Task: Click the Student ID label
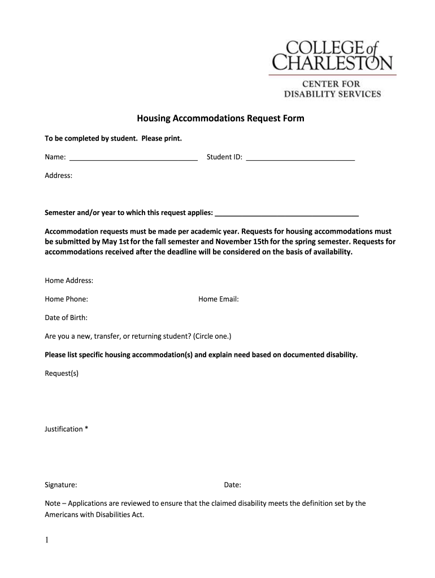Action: coord(224,157)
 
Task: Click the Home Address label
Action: coord(69,281)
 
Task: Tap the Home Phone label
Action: coord(66,299)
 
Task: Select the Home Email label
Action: coord(219,299)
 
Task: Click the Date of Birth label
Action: coord(66,318)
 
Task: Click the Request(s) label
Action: coord(62,373)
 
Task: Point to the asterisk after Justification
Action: coord(86,428)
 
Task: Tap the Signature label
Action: coord(61,484)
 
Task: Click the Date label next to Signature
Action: coord(233,484)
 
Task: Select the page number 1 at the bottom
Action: coord(47,541)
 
